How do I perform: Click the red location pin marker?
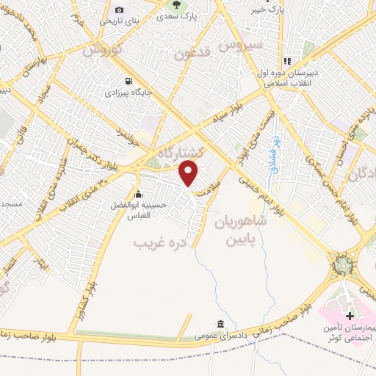click(189, 173)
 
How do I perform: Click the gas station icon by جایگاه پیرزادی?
click(130, 82)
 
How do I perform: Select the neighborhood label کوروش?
click(101, 53)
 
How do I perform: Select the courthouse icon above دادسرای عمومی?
click(220, 323)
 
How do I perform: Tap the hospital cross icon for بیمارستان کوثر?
click(350, 316)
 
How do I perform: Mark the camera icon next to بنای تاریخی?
click(119, 10)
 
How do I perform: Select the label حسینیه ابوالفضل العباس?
click(129, 211)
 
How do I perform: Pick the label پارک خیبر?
click(264, 10)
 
